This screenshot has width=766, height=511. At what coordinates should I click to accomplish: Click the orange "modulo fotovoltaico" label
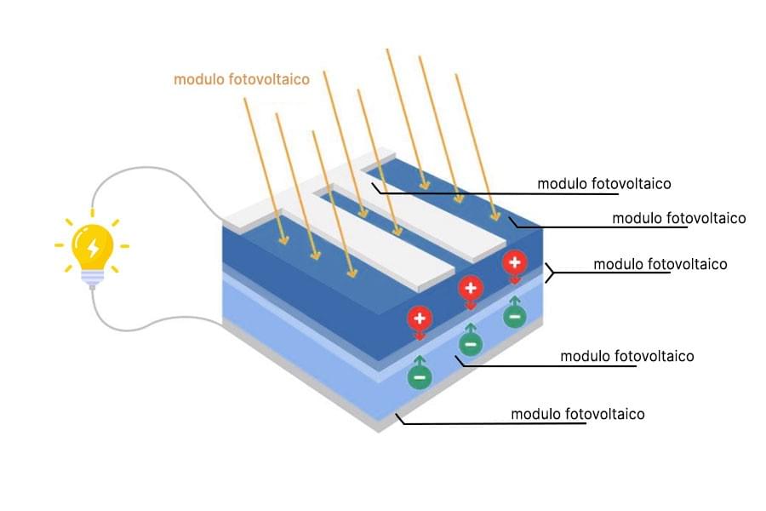pyautogui.click(x=241, y=79)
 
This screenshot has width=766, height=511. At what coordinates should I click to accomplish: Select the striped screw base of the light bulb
pyautogui.click(x=92, y=278)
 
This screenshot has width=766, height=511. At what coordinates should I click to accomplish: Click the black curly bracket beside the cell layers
pyautogui.click(x=550, y=272)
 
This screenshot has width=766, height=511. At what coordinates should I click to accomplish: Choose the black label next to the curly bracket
pyautogui.click(x=660, y=264)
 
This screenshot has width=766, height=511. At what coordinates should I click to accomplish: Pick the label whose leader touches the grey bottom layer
pyautogui.click(x=577, y=415)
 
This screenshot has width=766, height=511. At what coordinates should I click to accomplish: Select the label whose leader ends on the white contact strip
pyautogui.click(x=604, y=183)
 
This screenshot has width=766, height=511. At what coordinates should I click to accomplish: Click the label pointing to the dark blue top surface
pyautogui.click(x=678, y=218)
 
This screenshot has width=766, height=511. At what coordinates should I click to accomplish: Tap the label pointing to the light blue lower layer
pyautogui.click(x=626, y=356)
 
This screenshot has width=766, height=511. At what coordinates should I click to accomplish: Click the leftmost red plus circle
pyautogui.click(x=419, y=319)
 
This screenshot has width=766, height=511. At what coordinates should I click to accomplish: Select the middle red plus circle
pyautogui.click(x=470, y=288)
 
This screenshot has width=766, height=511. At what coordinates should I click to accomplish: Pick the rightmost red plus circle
pyautogui.click(x=514, y=261)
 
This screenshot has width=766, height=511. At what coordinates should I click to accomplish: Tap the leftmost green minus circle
pyautogui.click(x=419, y=376)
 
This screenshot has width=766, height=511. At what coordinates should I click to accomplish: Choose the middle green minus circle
pyautogui.click(x=470, y=344)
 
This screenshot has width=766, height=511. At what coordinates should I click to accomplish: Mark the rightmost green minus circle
pyautogui.click(x=514, y=316)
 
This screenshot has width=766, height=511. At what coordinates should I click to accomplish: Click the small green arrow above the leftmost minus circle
pyautogui.click(x=419, y=359)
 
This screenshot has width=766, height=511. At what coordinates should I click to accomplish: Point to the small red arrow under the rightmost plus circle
pyautogui.click(x=514, y=278)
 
